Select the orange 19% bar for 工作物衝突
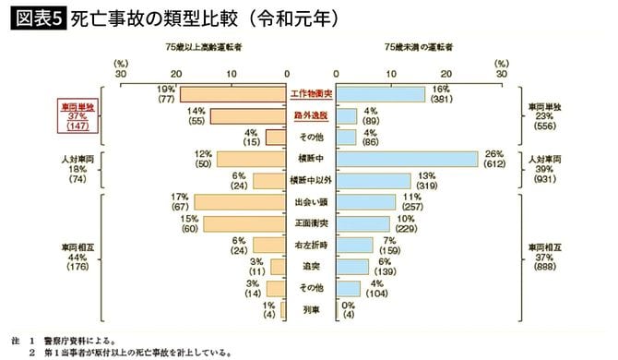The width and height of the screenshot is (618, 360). point(233,93)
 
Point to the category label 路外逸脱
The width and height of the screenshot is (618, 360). point(312,116)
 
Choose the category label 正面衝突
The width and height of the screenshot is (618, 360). point(312,223)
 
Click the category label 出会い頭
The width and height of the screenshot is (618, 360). point(312,202)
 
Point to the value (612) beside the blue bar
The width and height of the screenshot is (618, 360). point(493,164)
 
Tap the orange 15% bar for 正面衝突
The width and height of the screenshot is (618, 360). point(244,223)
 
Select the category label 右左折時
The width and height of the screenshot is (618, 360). point(312,245)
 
